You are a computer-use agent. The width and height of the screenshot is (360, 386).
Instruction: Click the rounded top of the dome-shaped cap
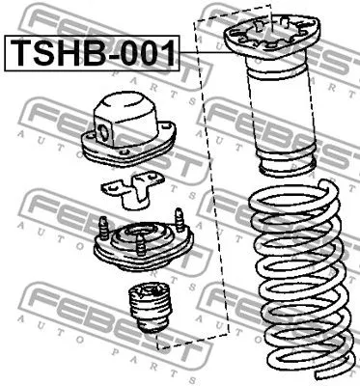pos(125,100)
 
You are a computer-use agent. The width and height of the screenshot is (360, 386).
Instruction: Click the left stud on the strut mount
pos(101,230)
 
